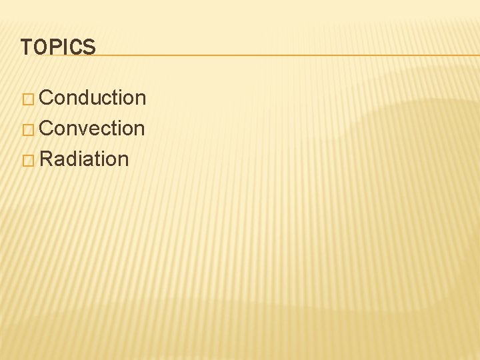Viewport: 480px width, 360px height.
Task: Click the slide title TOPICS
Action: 58,47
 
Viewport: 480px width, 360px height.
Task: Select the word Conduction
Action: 93,98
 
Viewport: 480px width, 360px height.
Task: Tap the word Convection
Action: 92,128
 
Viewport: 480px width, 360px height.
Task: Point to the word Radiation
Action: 84,159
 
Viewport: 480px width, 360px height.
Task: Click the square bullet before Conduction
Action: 27,99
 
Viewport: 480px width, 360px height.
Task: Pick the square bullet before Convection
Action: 27,129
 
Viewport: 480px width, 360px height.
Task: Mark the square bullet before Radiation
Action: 27,160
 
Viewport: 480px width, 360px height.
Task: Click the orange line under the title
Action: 287,55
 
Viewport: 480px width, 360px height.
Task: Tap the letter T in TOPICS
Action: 26,47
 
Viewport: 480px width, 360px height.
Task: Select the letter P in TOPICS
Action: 53,47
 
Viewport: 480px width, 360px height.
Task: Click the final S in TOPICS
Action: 89,47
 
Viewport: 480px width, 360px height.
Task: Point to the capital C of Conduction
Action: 47,98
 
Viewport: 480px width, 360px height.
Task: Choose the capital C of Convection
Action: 47,128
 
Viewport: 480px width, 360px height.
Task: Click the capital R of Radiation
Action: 46,159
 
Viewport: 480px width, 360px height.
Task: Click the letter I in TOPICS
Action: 65,47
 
